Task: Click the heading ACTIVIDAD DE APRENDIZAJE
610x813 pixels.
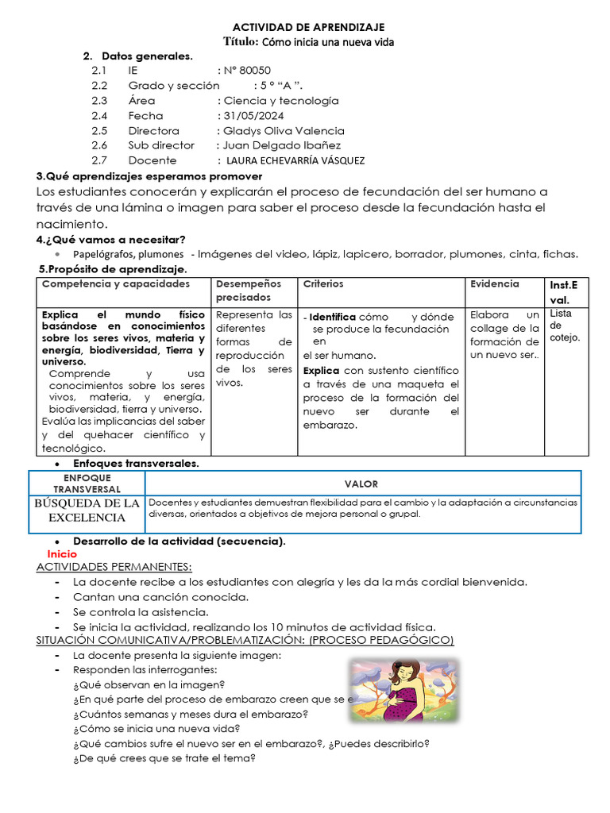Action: point(307,26)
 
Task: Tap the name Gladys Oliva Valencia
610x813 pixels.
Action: point(284,130)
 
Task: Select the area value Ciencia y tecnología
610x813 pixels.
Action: point(281,101)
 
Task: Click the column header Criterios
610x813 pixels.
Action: point(322,283)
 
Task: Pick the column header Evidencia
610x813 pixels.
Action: point(494,283)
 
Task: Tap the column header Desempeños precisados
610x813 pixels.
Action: point(249,290)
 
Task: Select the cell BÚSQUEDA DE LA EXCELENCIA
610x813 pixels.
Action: point(87,511)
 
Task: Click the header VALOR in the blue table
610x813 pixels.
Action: point(361,484)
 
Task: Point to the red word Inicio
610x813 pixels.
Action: point(62,553)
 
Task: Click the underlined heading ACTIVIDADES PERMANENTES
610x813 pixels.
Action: point(114,567)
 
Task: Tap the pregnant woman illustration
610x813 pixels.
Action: point(404,691)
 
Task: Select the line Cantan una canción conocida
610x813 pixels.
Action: point(161,597)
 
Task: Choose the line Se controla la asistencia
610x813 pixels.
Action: point(141,612)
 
